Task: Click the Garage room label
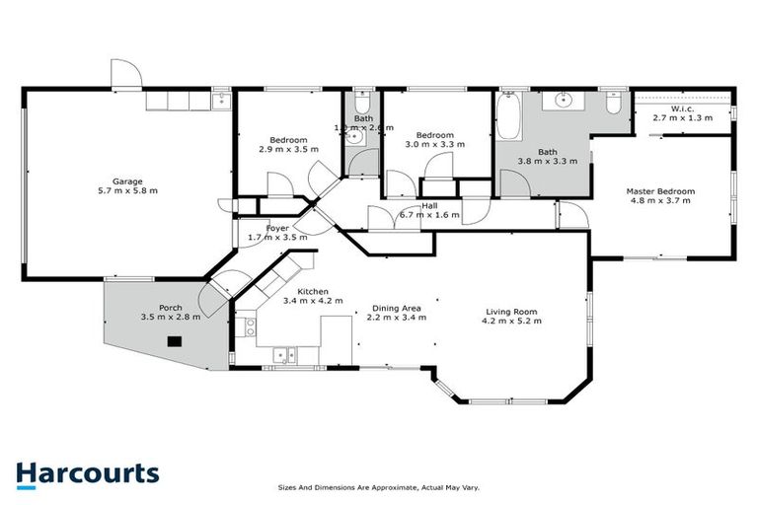(127, 181)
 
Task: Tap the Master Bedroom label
(661, 190)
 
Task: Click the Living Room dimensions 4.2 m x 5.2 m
(509, 321)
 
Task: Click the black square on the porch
(175, 342)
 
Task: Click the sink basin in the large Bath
(566, 100)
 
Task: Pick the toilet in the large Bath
(612, 102)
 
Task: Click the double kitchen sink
(284, 353)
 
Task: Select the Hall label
(428, 205)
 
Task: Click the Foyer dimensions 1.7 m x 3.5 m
(264, 238)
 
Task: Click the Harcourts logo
(87, 472)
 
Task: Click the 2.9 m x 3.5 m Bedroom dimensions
(288, 150)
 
